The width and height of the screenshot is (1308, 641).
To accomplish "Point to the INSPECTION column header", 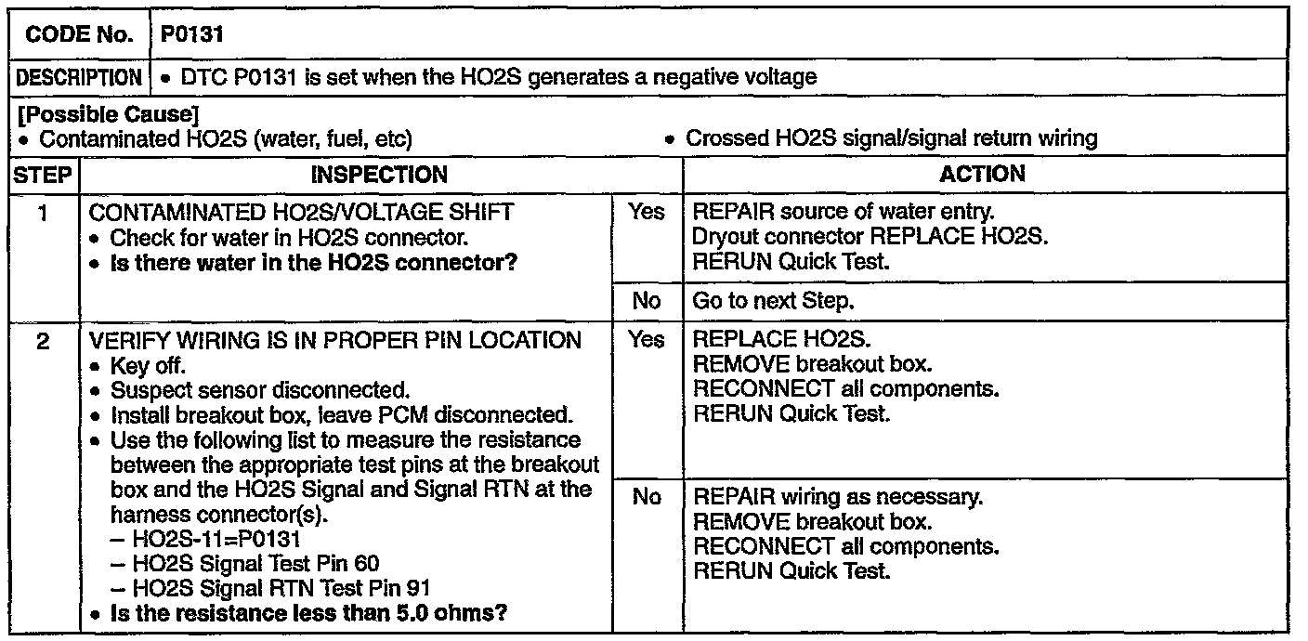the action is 378,174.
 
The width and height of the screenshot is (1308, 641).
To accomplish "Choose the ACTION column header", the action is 982,174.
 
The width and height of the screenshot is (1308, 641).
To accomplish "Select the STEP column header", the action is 43,174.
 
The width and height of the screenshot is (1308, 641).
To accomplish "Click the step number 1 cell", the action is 43,213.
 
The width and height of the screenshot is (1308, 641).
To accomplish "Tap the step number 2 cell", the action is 43,340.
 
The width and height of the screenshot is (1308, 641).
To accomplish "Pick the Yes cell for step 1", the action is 647,213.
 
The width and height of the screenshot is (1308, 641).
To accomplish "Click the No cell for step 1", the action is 647,301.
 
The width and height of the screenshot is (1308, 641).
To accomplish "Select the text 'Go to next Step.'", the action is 773,301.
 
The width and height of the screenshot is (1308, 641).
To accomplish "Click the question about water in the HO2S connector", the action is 312,263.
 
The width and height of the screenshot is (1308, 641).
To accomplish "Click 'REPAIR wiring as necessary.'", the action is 838,497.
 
